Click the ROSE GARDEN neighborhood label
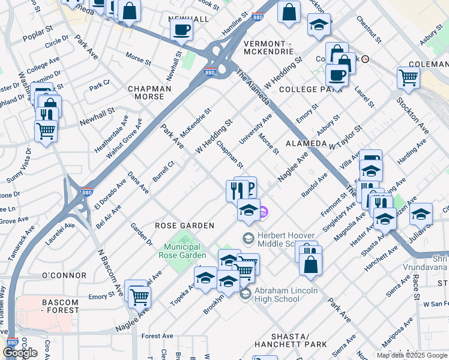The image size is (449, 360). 184,226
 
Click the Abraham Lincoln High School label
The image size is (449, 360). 285,294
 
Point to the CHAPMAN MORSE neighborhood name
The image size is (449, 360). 146,92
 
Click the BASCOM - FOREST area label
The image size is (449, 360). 60,306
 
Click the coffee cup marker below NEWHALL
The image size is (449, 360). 181,29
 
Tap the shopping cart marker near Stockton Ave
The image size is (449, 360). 408,77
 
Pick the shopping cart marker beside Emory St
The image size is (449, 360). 139,295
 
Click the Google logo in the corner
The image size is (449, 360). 20,353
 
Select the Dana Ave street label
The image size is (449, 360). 138,182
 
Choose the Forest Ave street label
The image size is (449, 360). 157,336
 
